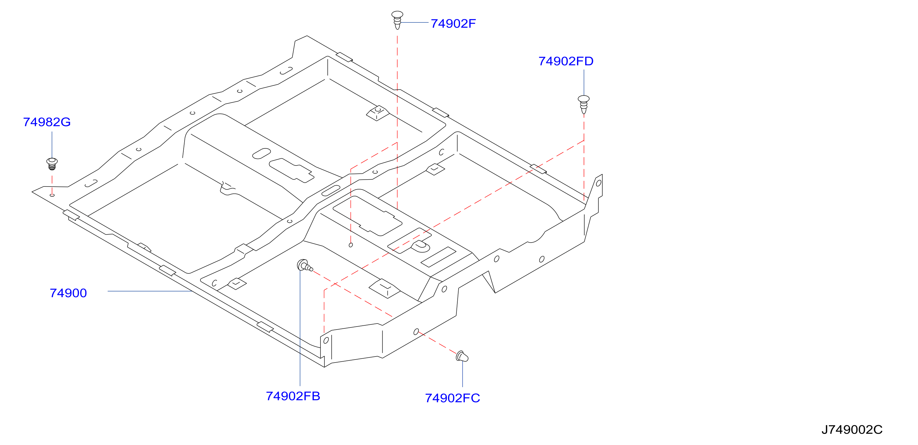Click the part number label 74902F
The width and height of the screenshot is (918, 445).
pos(453,23)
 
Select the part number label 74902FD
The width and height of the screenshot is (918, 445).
pos(566,61)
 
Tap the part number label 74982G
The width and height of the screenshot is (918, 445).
pos(47,122)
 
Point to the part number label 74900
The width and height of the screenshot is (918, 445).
pos(68,293)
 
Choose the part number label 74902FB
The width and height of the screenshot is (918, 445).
pos(293,396)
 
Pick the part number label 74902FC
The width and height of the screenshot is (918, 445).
pos(452,398)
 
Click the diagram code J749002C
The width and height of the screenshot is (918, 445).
pos(852,429)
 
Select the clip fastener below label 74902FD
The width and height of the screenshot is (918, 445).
pos(583,105)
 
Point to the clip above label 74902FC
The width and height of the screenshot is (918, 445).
pos(462,356)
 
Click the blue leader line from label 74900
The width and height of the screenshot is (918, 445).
pos(150,291)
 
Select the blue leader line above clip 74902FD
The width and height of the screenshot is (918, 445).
pos(584,82)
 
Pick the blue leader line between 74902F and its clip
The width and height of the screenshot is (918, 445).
pos(414,22)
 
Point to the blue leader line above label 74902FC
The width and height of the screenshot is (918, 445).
pos(462,374)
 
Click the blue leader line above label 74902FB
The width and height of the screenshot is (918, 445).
pos(300,327)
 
